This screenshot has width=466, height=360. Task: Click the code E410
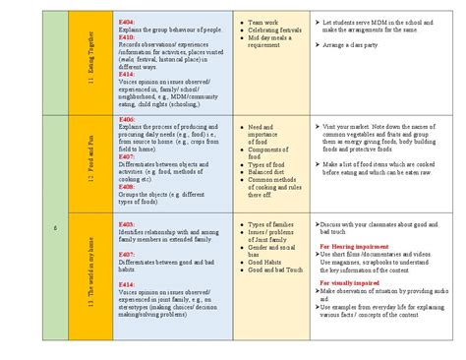[x=125, y=36]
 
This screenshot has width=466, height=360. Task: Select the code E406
[x=125, y=119]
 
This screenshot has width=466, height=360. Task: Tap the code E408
[x=125, y=186]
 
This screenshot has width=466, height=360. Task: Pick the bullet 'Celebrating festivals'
[x=274, y=29]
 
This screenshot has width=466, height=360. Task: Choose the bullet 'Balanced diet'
[x=268, y=172]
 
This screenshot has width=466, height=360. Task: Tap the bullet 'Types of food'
[x=267, y=163]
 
